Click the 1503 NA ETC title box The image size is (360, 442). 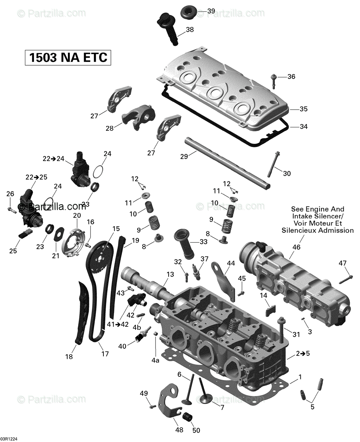click(68, 57)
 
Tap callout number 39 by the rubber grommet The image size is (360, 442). click(211, 11)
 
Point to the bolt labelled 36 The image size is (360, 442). click(274, 80)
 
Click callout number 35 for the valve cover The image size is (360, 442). click(303, 109)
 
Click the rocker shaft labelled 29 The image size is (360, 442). click(226, 162)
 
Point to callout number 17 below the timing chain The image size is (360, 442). click(105, 354)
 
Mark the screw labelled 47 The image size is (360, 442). click(346, 279)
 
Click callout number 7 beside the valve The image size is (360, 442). click(222, 408)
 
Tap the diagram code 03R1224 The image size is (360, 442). click(10, 439)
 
